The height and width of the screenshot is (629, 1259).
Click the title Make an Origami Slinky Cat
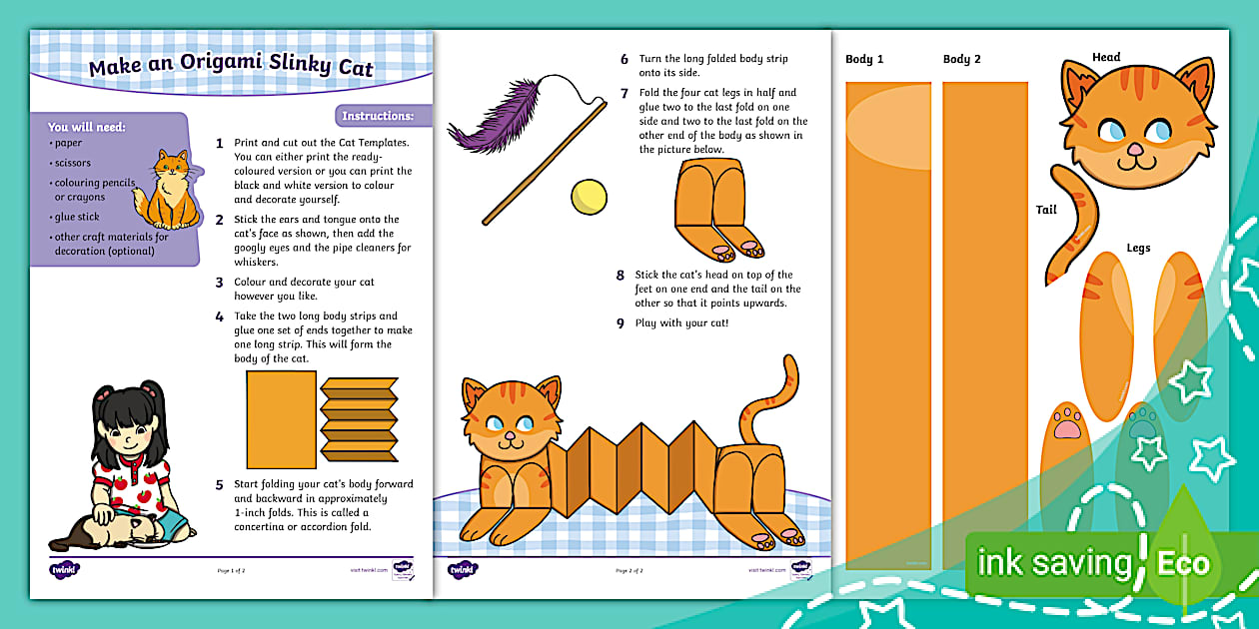[x=231, y=68]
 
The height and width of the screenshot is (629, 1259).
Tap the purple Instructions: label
[x=378, y=116]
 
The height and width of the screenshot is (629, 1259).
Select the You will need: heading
[x=88, y=127]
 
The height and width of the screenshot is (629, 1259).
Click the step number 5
[x=220, y=485]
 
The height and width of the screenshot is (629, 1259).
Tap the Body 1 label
[x=864, y=59]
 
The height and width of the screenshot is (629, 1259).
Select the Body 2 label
[x=961, y=59]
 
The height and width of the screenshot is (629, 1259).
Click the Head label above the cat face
[x=1106, y=57]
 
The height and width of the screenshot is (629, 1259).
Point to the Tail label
[x=1046, y=210]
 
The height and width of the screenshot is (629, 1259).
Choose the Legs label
[x=1138, y=248]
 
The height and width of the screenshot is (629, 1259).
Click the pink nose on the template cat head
[x=1135, y=150]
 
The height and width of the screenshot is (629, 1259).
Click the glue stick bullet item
[x=78, y=216]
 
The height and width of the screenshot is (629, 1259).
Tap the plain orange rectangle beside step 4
[x=281, y=419]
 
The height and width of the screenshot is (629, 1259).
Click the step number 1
[x=220, y=144]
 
